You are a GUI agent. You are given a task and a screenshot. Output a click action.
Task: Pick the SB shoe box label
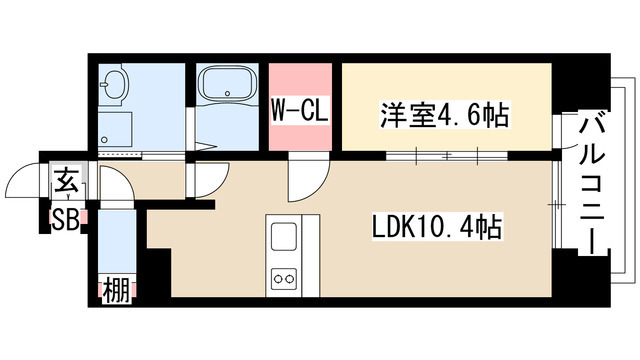coord(65,219)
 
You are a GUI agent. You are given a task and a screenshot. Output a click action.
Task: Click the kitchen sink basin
coord(282,238)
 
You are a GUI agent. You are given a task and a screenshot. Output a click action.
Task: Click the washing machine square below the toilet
coord(118,128)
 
